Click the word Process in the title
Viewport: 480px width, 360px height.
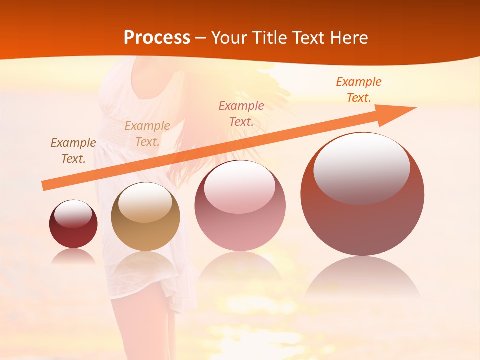tap(157, 38)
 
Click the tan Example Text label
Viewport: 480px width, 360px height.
tap(147, 134)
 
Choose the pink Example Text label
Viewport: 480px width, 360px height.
tap(241, 114)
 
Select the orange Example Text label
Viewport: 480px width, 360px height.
tap(359, 90)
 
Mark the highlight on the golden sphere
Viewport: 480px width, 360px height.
tap(145, 202)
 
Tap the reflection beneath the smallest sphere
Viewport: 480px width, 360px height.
tap(73, 256)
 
